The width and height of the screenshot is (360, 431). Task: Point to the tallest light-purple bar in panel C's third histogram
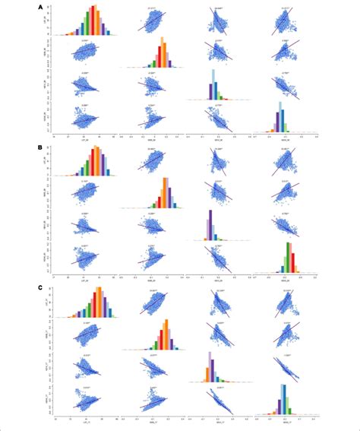(x=209, y=366)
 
